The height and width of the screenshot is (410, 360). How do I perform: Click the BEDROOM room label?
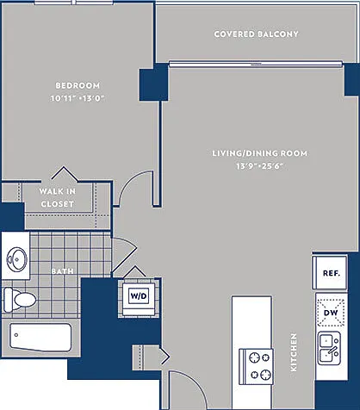(78, 85)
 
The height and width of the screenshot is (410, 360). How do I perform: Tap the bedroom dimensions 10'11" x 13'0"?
(78, 98)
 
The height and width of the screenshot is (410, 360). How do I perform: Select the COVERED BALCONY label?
(256, 34)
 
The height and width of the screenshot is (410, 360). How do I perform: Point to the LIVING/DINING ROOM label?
(259, 153)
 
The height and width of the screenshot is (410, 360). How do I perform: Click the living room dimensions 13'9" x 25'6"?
(259, 166)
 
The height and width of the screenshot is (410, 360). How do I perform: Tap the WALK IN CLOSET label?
(58, 197)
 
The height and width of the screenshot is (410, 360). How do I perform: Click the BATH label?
(62, 271)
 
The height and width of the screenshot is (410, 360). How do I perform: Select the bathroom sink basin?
(16, 259)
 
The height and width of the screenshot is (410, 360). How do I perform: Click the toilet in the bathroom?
(20, 300)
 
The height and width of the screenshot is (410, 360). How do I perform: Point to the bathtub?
(40, 337)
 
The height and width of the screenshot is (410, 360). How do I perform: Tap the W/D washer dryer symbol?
(139, 295)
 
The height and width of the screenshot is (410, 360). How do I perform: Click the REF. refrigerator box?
(331, 273)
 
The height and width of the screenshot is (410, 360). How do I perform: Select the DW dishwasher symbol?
(331, 313)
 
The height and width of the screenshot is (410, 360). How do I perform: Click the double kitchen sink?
(329, 349)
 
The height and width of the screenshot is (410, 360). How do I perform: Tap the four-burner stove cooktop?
(257, 366)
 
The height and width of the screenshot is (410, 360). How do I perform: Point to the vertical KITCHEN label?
(294, 352)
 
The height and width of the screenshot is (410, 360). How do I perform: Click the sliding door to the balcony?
(256, 64)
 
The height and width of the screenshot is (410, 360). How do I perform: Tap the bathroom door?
(124, 255)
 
